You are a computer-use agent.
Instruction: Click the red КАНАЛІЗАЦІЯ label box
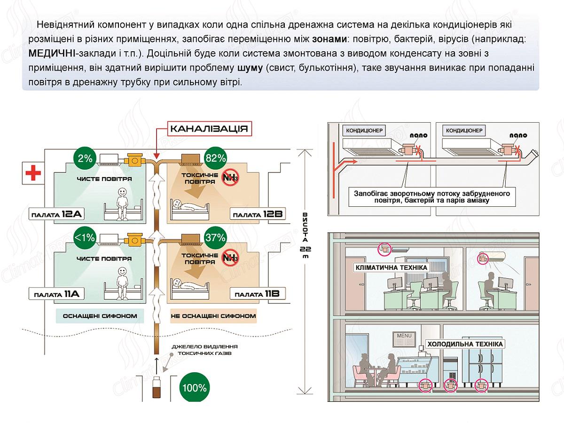click(x=209, y=129)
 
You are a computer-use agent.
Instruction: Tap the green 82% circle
click(x=216, y=158)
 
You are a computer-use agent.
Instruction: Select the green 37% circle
click(x=216, y=238)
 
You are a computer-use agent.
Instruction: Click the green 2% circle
click(x=85, y=158)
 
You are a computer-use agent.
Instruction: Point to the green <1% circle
click(x=85, y=238)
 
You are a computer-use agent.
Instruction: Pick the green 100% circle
click(x=195, y=388)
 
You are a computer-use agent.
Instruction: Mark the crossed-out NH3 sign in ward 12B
click(x=231, y=178)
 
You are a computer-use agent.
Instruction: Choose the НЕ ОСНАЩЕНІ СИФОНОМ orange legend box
click(x=213, y=316)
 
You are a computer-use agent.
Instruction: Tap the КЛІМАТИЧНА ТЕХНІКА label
click(x=392, y=267)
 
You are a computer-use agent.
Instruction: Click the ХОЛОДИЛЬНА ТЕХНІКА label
click(x=465, y=344)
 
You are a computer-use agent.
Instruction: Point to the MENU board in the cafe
click(x=404, y=337)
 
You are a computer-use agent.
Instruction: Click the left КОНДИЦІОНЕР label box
click(x=365, y=130)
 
